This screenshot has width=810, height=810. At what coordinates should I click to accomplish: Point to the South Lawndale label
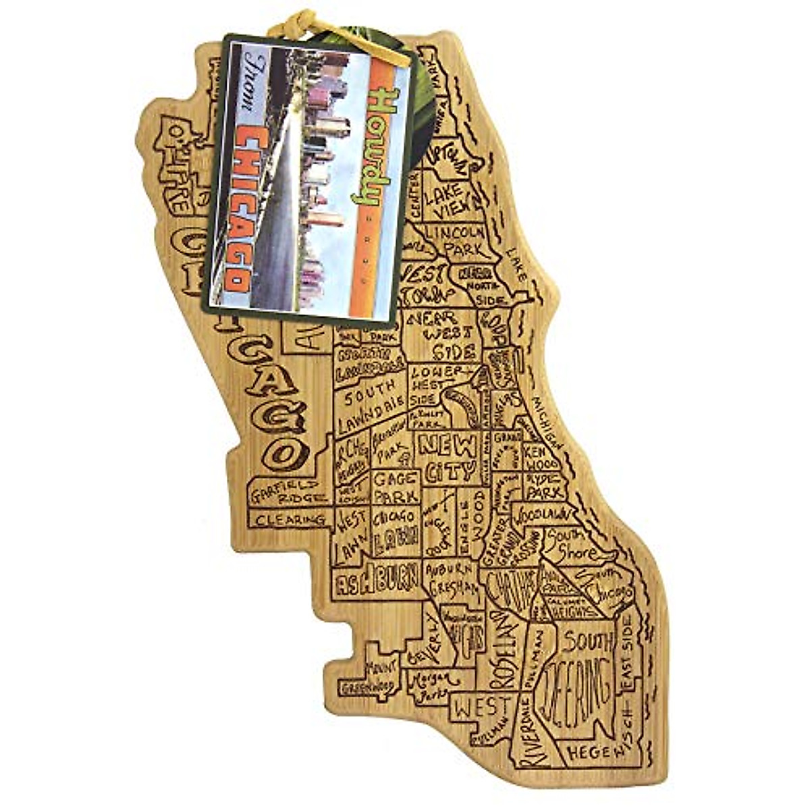(371, 405)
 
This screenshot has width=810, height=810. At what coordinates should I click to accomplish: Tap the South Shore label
(572, 543)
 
